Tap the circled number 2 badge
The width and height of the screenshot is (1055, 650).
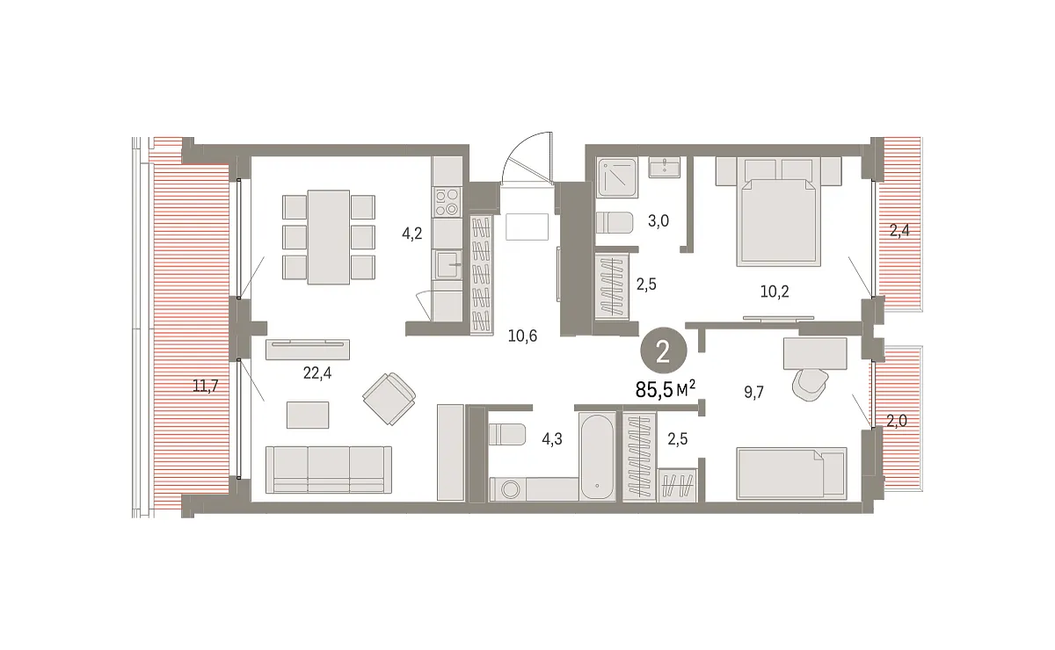[x=664, y=351]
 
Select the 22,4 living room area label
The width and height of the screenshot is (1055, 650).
[x=317, y=373]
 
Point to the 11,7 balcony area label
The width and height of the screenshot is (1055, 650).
[x=206, y=386]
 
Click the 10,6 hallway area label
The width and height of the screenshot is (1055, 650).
[x=522, y=336]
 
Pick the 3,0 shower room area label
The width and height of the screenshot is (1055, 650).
[x=658, y=220]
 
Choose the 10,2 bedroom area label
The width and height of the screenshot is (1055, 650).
[x=775, y=292]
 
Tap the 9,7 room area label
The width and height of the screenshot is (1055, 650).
[x=753, y=392]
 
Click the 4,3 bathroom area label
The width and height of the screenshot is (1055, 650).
[x=552, y=439]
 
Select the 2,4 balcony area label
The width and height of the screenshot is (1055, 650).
[x=899, y=231]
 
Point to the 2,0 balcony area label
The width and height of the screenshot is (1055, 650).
[x=897, y=421]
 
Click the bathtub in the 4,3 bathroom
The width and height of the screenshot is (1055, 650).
[x=597, y=457]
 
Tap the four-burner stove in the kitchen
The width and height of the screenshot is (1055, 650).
[x=447, y=201]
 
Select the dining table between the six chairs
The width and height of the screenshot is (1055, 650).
[x=329, y=237]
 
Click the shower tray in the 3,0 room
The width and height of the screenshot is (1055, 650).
[x=617, y=177]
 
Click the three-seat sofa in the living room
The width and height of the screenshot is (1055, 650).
[x=329, y=470]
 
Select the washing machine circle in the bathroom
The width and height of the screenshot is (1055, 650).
[x=510, y=489]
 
